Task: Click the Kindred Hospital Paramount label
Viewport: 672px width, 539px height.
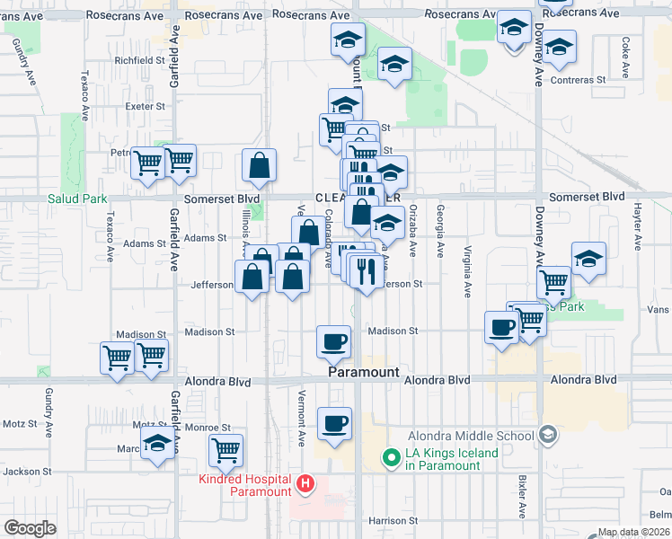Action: [244, 484]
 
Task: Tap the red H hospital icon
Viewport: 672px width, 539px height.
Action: [305, 485]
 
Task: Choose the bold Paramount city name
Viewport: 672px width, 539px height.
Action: [362, 370]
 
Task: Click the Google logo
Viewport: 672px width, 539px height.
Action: [30, 528]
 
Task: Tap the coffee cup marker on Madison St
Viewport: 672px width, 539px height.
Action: [334, 341]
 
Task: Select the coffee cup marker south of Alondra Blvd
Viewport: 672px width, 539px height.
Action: [334, 422]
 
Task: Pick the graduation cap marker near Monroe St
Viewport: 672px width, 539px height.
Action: [158, 443]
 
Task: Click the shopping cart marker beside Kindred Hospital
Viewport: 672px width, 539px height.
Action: [225, 447]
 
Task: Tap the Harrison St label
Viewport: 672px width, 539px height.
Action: [393, 521]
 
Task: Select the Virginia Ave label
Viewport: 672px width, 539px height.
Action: [467, 271]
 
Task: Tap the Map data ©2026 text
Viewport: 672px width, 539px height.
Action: [634, 532]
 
